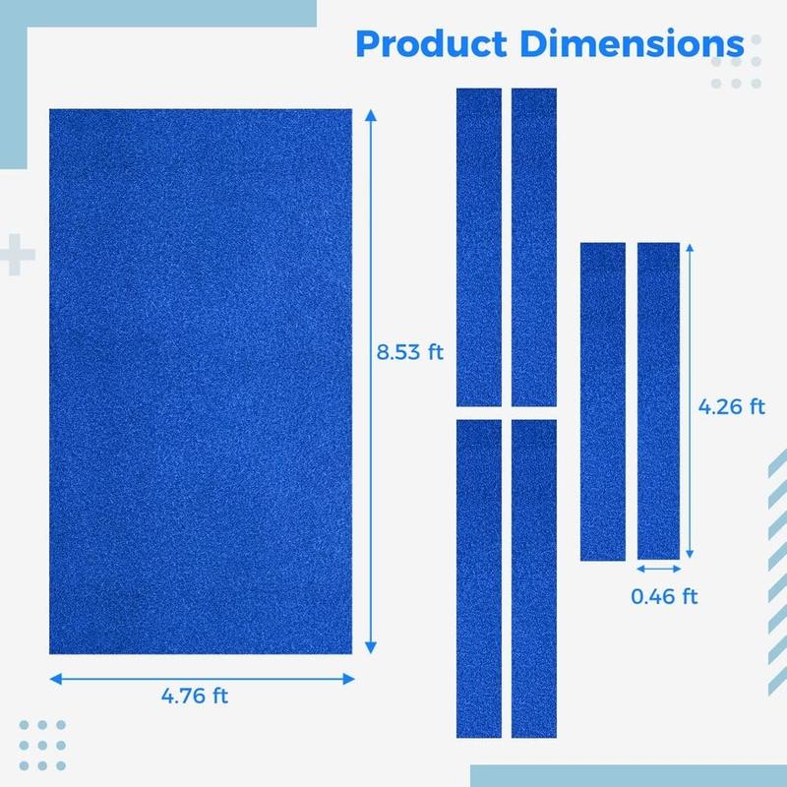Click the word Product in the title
[x=432, y=43]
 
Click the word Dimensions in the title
[x=632, y=43]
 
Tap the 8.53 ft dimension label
[x=409, y=352]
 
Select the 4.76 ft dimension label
[x=195, y=696]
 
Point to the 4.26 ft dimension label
[x=731, y=406]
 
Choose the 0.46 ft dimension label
[x=664, y=596]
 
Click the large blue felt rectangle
[x=201, y=382]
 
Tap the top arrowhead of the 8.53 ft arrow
[x=371, y=115]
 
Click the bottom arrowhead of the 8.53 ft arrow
[x=371, y=648]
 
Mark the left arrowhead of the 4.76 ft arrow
[x=56, y=679]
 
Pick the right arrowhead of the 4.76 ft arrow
[x=349, y=679]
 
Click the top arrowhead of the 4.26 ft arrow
[x=690, y=248]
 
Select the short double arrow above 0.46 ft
[x=658, y=569]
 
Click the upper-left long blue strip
[x=479, y=248]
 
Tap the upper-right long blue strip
[x=534, y=248]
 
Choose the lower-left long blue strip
[x=479, y=578]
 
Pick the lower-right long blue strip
[x=534, y=578]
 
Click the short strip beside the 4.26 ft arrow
[x=658, y=401]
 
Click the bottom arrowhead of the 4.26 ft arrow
[x=690, y=554]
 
